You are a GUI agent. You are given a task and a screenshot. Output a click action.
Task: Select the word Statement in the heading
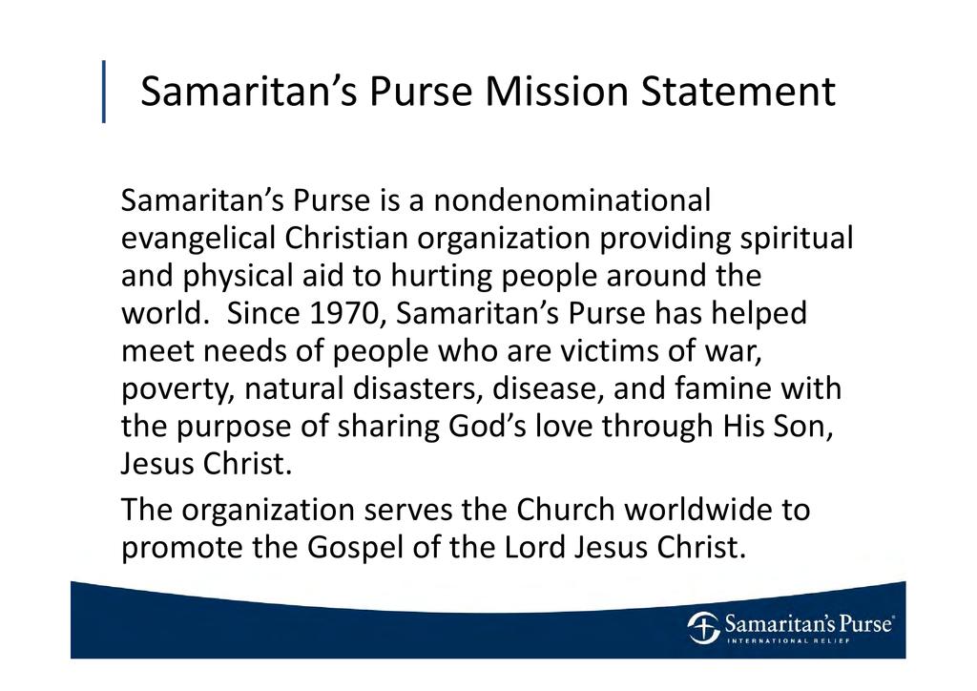click(738, 91)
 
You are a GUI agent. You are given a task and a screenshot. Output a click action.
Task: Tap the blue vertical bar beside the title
click(103, 91)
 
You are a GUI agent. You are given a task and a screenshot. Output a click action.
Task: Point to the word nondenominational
click(572, 200)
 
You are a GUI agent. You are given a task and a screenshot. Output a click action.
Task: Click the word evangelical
click(198, 238)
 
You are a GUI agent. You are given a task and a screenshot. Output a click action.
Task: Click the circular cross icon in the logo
click(703, 627)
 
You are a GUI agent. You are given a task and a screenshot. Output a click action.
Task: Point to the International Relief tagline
click(789, 640)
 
